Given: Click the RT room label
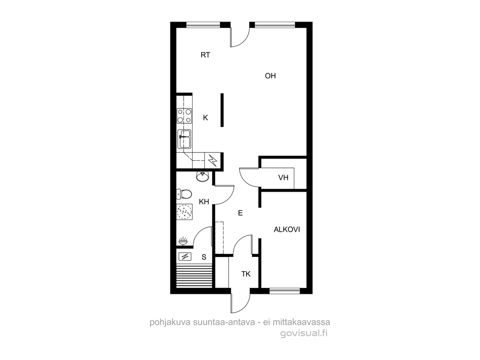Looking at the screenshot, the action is pyautogui.click(x=206, y=55).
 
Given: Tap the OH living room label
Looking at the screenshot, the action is pyautogui.click(x=270, y=76).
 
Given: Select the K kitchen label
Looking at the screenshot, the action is pyautogui.click(x=206, y=117).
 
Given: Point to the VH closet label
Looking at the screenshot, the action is pyautogui.click(x=283, y=178).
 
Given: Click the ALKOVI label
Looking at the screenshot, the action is pyautogui.click(x=287, y=229).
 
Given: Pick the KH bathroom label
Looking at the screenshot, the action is pyautogui.click(x=204, y=202).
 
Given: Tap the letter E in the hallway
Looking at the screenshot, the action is pyautogui.click(x=240, y=213).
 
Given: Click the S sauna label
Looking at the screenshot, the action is pyautogui.click(x=204, y=257).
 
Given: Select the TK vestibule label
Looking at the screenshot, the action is pyautogui.click(x=246, y=274).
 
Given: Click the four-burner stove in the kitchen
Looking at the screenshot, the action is pyautogui.click(x=184, y=116).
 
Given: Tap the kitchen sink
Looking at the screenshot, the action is pyautogui.click(x=184, y=139).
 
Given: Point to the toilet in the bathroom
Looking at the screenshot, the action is pyautogui.click(x=184, y=194).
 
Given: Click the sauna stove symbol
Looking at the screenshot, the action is pyautogui.click(x=184, y=256).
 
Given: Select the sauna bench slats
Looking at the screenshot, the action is pyautogui.click(x=194, y=275).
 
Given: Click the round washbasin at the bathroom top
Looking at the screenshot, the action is pyautogui.click(x=202, y=177).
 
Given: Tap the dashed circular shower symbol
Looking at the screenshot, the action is pyautogui.click(x=184, y=212).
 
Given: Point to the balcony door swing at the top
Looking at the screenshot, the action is pyautogui.click(x=240, y=37).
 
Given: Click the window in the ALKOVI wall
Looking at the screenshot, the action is pyautogui.click(x=285, y=291).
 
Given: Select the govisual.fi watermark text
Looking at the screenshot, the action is pyautogui.click(x=304, y=333).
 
